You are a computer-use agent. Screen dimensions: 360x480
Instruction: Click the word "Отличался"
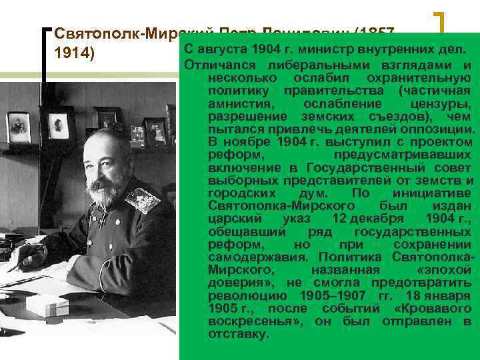tap(220, 65)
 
